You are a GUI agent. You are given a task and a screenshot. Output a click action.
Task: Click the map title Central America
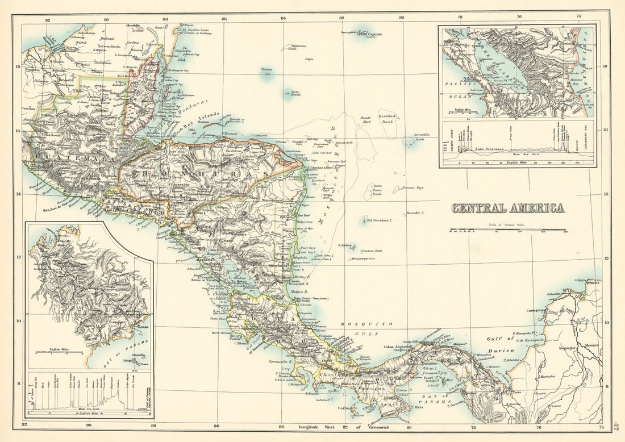508,208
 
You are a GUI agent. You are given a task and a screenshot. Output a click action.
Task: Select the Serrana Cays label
413,187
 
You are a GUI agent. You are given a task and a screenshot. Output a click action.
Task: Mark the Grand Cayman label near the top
369,34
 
